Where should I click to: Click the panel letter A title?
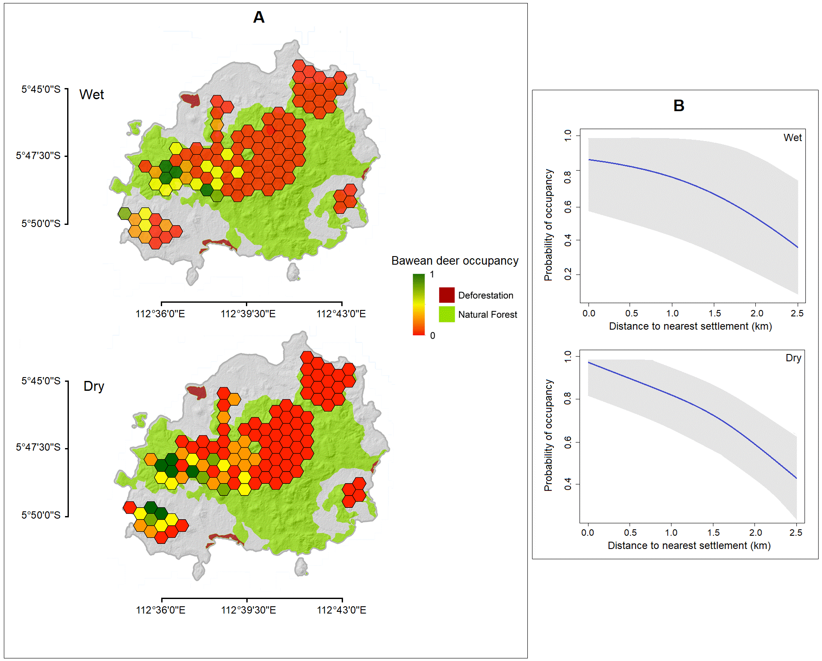(x=259, y=18)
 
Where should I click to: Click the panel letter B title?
(x=678, y=106)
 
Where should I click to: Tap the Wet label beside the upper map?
(x=92, y=94)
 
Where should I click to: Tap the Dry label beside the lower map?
(x=94, y=386)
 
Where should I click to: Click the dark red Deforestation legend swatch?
(x=446, y=295)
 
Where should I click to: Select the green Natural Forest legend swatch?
(x=446, y=314)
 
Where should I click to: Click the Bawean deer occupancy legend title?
(x=455, y=261)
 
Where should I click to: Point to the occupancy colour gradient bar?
(x=419, y=304)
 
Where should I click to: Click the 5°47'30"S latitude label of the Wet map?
(x=38, y=156)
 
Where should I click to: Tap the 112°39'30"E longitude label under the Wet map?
(x=248, y=314)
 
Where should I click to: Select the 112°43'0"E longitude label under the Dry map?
(x=341, y=610)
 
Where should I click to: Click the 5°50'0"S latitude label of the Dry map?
(x=41, y=515)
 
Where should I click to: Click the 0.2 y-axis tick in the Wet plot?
(x=568, y=274)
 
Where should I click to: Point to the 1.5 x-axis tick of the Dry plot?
(x=713, y=533)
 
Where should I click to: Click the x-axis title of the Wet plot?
(x=690, y=326)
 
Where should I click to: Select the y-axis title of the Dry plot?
(x=548, y=435)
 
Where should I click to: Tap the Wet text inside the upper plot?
(x=792, y=138)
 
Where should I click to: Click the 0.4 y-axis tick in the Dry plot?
(x=568, y=484)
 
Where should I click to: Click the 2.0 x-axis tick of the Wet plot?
(x=756, y=313)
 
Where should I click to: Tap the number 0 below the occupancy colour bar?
(x=432, y=336)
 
